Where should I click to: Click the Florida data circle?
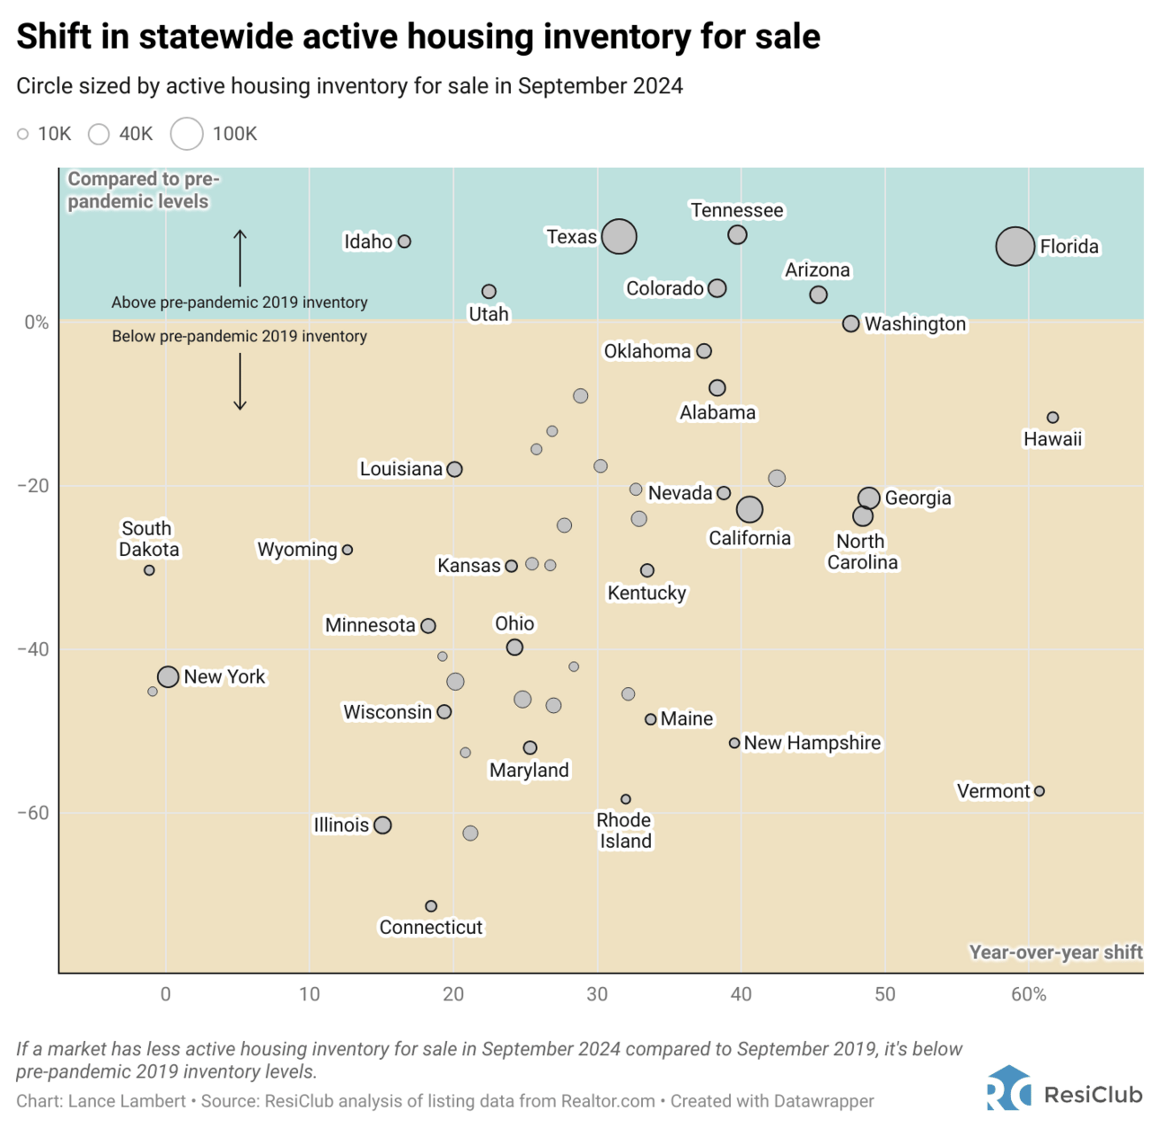click(1015, 246)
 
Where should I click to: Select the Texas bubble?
click(619, 237)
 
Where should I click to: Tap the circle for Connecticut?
click(431, 906)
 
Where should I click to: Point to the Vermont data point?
click(1039, 791)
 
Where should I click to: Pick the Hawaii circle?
click(1052, 418)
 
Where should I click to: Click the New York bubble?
click(168, 676)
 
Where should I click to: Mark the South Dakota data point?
click(149, 570)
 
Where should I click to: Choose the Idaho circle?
click(404, 242)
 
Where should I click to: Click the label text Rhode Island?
click(625, 831)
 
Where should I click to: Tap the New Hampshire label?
click(812, 743)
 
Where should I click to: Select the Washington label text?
click(915, 324)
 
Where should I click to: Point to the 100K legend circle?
click(187, 134)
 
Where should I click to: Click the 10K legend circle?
click(22, 134)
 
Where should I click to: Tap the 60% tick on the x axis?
click(1028, 994)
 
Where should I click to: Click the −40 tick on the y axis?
click(33, 649)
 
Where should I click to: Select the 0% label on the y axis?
click(36, 322)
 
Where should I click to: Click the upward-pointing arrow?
click(240, 258)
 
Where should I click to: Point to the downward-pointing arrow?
click(240, 383)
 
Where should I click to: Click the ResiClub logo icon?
click(1008, 1088)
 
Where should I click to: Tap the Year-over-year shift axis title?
click(1055, 952)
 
